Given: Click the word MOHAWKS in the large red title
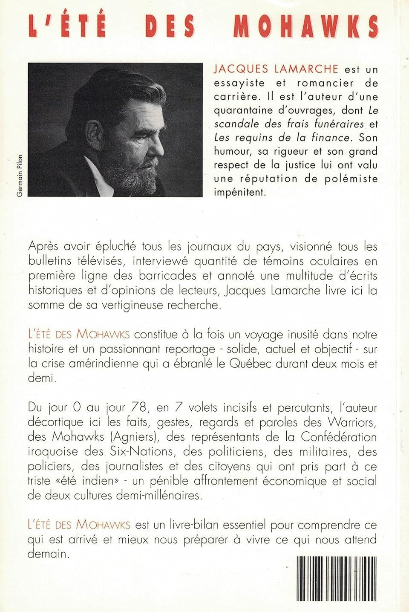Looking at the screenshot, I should pyautogui.click(x=305, y=26).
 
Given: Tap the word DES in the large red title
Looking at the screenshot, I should pyautogui.click(x=170, y=26).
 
